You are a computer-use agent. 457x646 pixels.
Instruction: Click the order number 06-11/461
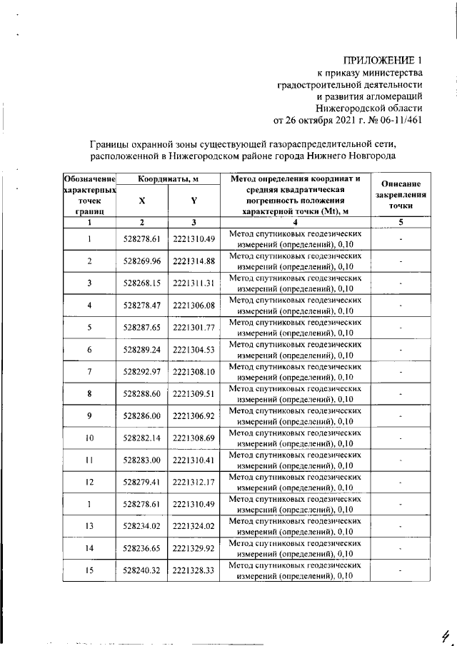coord(398,119)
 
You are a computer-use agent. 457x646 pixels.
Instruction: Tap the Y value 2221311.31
coord(194,283)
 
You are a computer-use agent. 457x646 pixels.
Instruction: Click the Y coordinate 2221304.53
coord(194,350)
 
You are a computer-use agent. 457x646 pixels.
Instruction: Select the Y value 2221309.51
coord(194,394)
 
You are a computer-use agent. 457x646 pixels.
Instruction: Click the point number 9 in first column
coord(90,415)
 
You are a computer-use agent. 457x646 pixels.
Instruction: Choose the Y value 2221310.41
coord(194,460)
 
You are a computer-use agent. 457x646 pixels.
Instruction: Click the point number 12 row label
coord(90,482)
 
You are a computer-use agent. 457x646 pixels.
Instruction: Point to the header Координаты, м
coord(168,178)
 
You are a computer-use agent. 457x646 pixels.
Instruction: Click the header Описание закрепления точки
coord(401,194)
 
